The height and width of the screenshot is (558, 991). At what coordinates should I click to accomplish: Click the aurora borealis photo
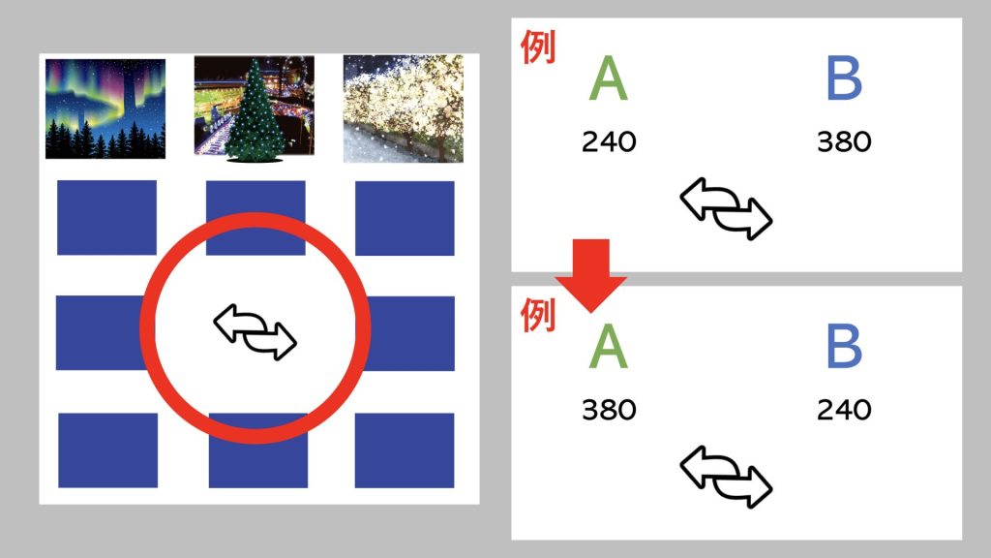(x=105, y=108)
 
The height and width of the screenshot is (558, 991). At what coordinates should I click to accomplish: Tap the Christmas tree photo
(x=255, y=108)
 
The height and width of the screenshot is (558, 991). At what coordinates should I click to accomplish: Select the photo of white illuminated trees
(x=404, y=108)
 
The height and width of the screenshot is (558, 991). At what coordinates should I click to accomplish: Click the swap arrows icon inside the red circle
(x=255, y=331)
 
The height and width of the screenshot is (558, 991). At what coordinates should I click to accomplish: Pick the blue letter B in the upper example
(x=844, y=77)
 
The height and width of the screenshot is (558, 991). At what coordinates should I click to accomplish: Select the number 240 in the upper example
(x=609, y=141)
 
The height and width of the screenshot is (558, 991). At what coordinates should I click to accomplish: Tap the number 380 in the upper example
(x=844, y=141)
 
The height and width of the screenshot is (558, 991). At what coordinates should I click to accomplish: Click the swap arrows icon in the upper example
(x=726, y=209)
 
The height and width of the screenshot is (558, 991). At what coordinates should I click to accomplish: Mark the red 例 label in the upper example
(x=538, y=47)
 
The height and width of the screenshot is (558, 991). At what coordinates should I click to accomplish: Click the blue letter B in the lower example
(x=844, y=346)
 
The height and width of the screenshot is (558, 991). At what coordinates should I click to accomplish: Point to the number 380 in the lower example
(x=609, y=410)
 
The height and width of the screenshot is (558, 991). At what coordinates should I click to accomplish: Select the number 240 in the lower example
(x=844, y=410)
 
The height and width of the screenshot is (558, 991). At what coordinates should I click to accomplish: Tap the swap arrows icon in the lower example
(x=726, y=477)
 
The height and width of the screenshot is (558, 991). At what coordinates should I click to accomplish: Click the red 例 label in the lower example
(x=538, y=315)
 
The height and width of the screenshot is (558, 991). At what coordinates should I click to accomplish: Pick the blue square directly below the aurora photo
(x=106, y=218)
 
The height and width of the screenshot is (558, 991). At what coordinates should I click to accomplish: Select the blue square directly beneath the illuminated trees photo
(x=405, y=218)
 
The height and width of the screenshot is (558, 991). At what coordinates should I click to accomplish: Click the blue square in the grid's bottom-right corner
(x=405, y=450)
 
